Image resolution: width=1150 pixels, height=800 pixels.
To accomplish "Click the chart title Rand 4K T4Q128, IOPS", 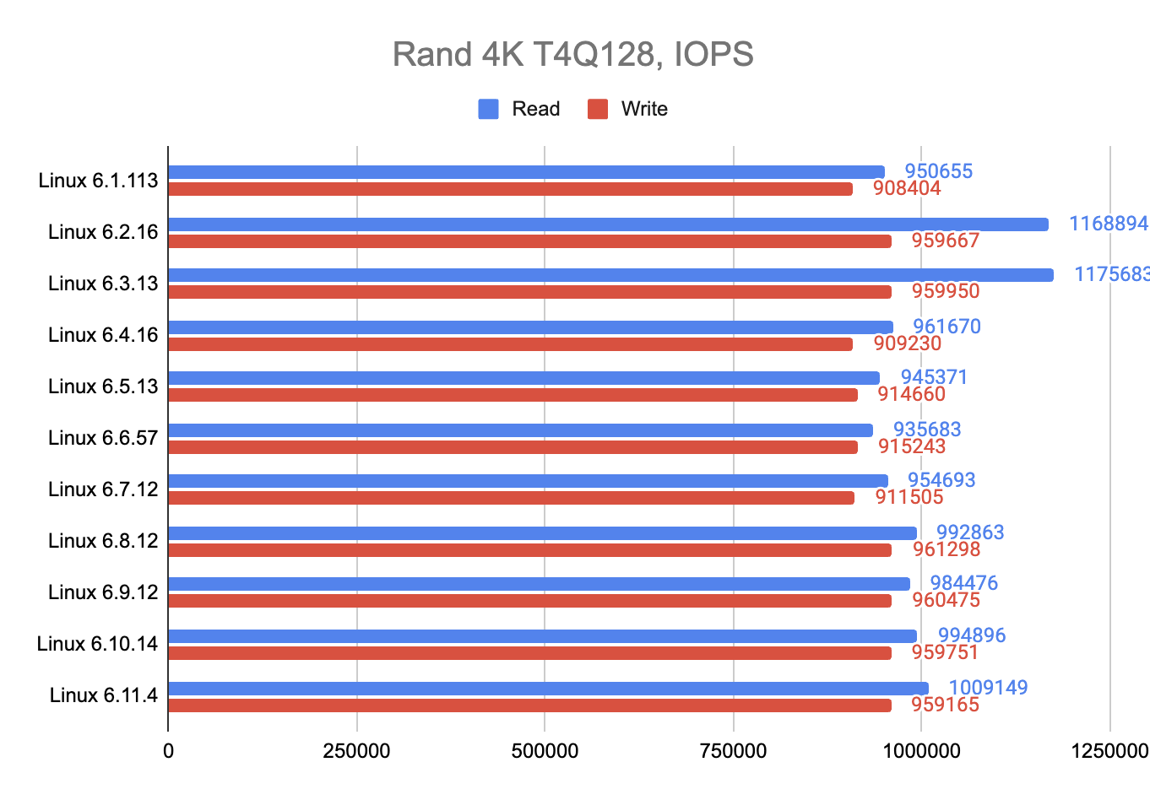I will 573,55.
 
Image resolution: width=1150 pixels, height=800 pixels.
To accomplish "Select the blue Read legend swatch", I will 488,109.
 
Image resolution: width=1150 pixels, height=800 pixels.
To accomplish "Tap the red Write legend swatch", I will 598,109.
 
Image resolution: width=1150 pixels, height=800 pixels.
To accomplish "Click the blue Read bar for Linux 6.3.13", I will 610,275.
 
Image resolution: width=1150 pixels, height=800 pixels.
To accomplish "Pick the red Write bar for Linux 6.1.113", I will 510,189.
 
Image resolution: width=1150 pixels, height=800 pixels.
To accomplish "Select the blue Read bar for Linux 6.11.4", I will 548,689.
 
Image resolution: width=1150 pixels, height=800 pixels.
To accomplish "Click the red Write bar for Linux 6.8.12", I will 529,550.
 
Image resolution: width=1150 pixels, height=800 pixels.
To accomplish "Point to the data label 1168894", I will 1108,224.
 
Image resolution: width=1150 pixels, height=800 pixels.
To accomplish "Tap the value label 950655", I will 938,171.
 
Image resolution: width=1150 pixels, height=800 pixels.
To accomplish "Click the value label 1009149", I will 988,688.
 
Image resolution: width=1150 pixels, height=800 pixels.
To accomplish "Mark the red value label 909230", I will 907,343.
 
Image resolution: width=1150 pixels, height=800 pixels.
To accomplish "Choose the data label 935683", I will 926,430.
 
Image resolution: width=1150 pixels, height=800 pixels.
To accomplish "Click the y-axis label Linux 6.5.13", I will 103,386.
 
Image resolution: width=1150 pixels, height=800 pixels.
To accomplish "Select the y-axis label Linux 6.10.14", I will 97,644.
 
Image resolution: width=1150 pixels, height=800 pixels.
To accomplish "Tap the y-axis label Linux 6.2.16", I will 103,232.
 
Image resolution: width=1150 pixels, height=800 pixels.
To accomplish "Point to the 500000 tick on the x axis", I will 545,751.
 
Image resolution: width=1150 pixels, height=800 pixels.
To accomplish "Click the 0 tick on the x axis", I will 169,751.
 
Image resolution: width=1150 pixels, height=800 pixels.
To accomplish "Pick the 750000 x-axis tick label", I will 733,751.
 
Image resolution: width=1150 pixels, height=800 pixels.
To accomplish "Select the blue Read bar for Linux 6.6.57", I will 520,430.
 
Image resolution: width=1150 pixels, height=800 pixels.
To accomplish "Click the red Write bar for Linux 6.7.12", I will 511,498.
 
